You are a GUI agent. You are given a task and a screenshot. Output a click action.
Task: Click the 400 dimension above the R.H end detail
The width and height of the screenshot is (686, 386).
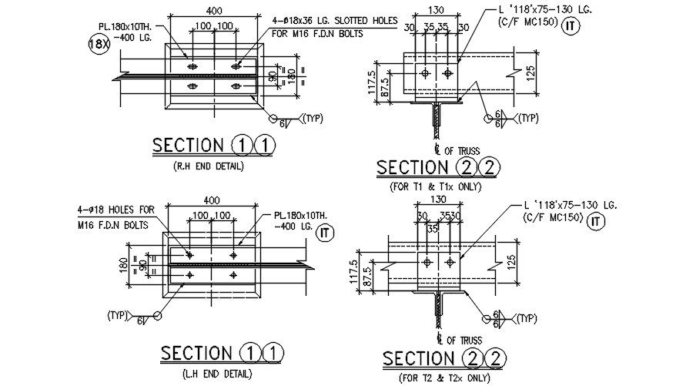(214, 12)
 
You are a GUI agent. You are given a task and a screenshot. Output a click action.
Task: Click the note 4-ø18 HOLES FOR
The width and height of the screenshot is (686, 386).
(116, 209)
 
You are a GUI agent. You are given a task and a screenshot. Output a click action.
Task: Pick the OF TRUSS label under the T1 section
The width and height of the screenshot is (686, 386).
(462, 150)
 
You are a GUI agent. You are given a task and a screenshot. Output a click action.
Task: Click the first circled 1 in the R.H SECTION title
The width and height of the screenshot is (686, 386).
(239, 145)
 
